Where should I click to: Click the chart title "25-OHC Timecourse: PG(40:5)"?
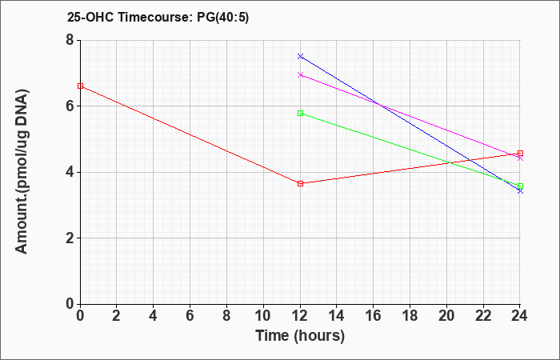click(x=158, y=18)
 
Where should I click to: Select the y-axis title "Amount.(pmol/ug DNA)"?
click(x=22, y=172)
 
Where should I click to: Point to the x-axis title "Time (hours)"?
click(x=300, y=336)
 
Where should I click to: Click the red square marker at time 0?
click(x=80, y=86)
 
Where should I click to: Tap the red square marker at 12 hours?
click(x=300, y=183)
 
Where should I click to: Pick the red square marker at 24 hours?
click(x=520, y=154)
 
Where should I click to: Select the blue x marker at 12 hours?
click(x=300, y=57)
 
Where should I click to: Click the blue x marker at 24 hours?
click(x=520, y=191)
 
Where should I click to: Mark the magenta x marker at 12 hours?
click(x=300, y=75)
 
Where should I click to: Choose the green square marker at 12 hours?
click(x=300, y=114)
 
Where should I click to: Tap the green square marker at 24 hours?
click(x=520, y=186)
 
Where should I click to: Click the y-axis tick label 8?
click(x=70, y=40)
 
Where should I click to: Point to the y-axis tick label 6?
click(x=70, y=106)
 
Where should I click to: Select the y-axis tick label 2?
click(x=70, y=238)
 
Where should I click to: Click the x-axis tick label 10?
click(x=263, y=316)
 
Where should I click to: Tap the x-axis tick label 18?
click(x=410, y=316)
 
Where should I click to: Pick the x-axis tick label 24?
click(x=520, y=316)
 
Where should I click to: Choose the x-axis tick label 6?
click(x=190, y=316)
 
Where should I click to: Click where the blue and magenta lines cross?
click(x=381, y=106)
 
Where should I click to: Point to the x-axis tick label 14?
click(x=337, y=316)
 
